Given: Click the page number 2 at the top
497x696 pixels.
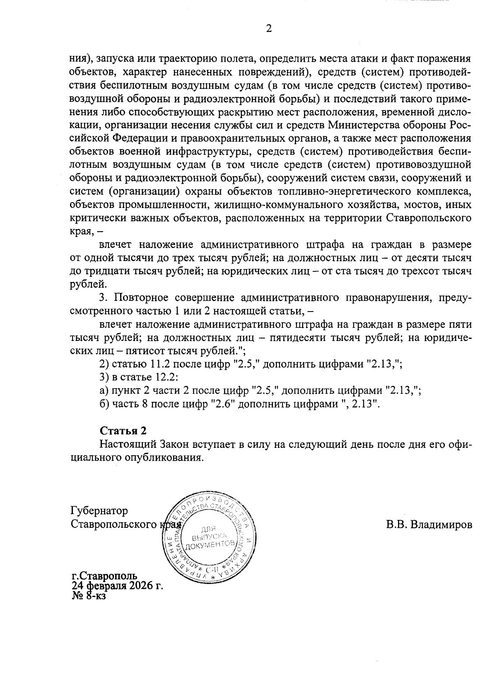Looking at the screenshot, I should point(268,29).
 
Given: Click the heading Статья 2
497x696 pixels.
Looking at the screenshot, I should point(123,431).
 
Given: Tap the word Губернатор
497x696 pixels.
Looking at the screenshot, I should point(99,510).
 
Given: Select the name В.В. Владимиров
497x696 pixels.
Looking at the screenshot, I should point(429,525).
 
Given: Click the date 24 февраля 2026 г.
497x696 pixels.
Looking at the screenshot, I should point(117,586).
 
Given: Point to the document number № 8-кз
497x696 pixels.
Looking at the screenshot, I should point(89,596).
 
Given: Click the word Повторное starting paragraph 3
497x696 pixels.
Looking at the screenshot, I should point(140,298).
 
